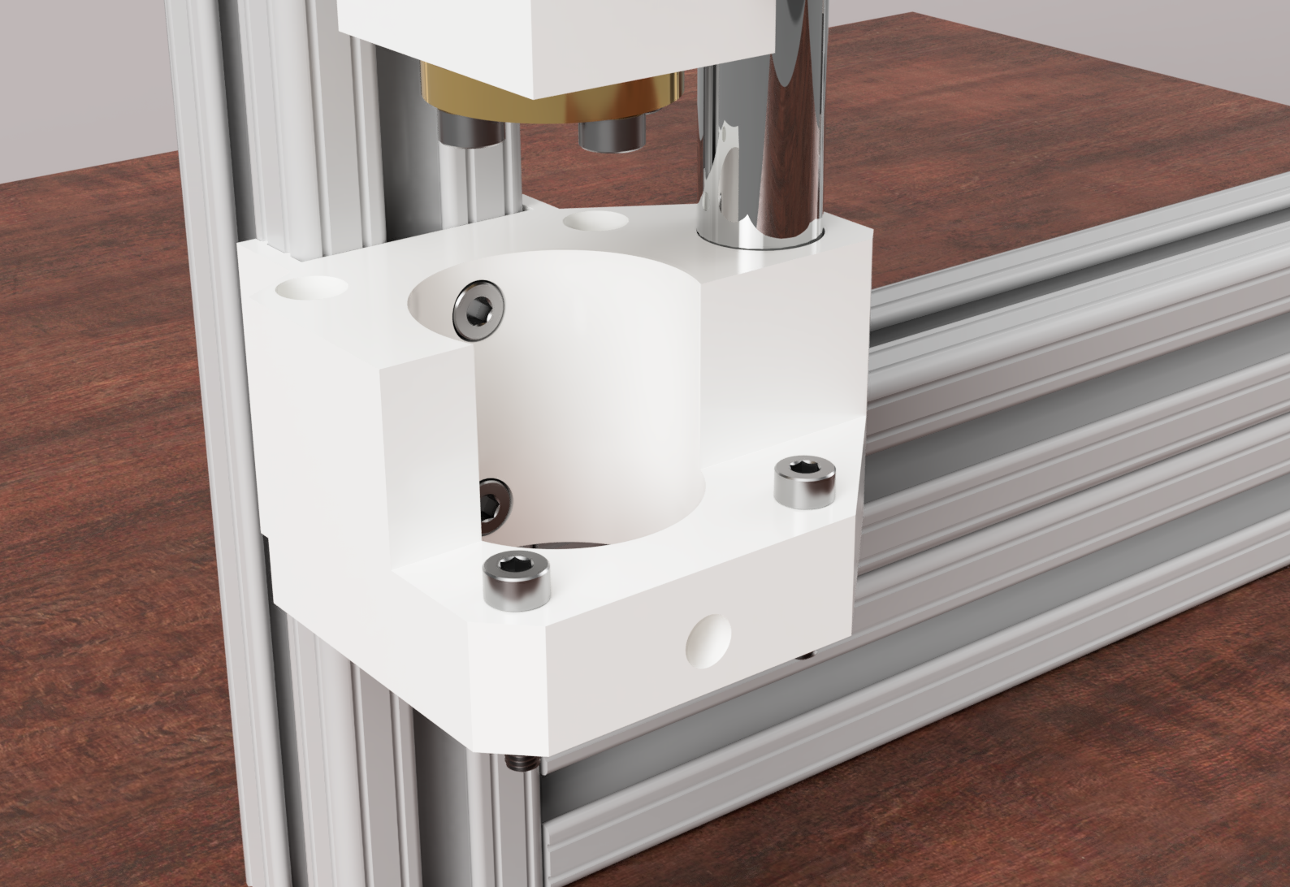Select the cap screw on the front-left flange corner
[517, 578]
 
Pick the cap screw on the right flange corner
[805, 481]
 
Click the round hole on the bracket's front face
[708, 641]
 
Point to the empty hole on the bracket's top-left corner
[310, 288]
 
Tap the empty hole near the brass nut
[595, 221]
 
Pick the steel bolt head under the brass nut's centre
[611, 132]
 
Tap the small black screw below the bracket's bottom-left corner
[517, 763]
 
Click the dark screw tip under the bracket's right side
[806, 655]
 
